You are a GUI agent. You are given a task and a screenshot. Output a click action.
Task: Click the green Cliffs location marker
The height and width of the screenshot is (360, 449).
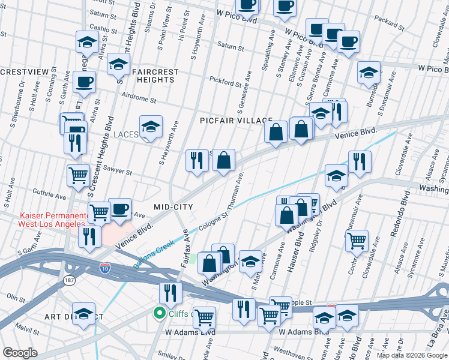pos(160,313)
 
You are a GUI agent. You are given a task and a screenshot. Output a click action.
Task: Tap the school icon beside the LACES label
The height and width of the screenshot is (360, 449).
pos(151,127)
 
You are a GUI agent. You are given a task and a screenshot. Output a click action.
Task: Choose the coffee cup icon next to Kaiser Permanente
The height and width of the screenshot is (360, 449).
pos(119,208)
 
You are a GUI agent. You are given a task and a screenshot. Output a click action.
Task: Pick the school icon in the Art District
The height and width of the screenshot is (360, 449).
pos(84,313)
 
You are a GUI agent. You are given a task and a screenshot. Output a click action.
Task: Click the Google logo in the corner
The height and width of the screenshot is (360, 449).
pos(20,352)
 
